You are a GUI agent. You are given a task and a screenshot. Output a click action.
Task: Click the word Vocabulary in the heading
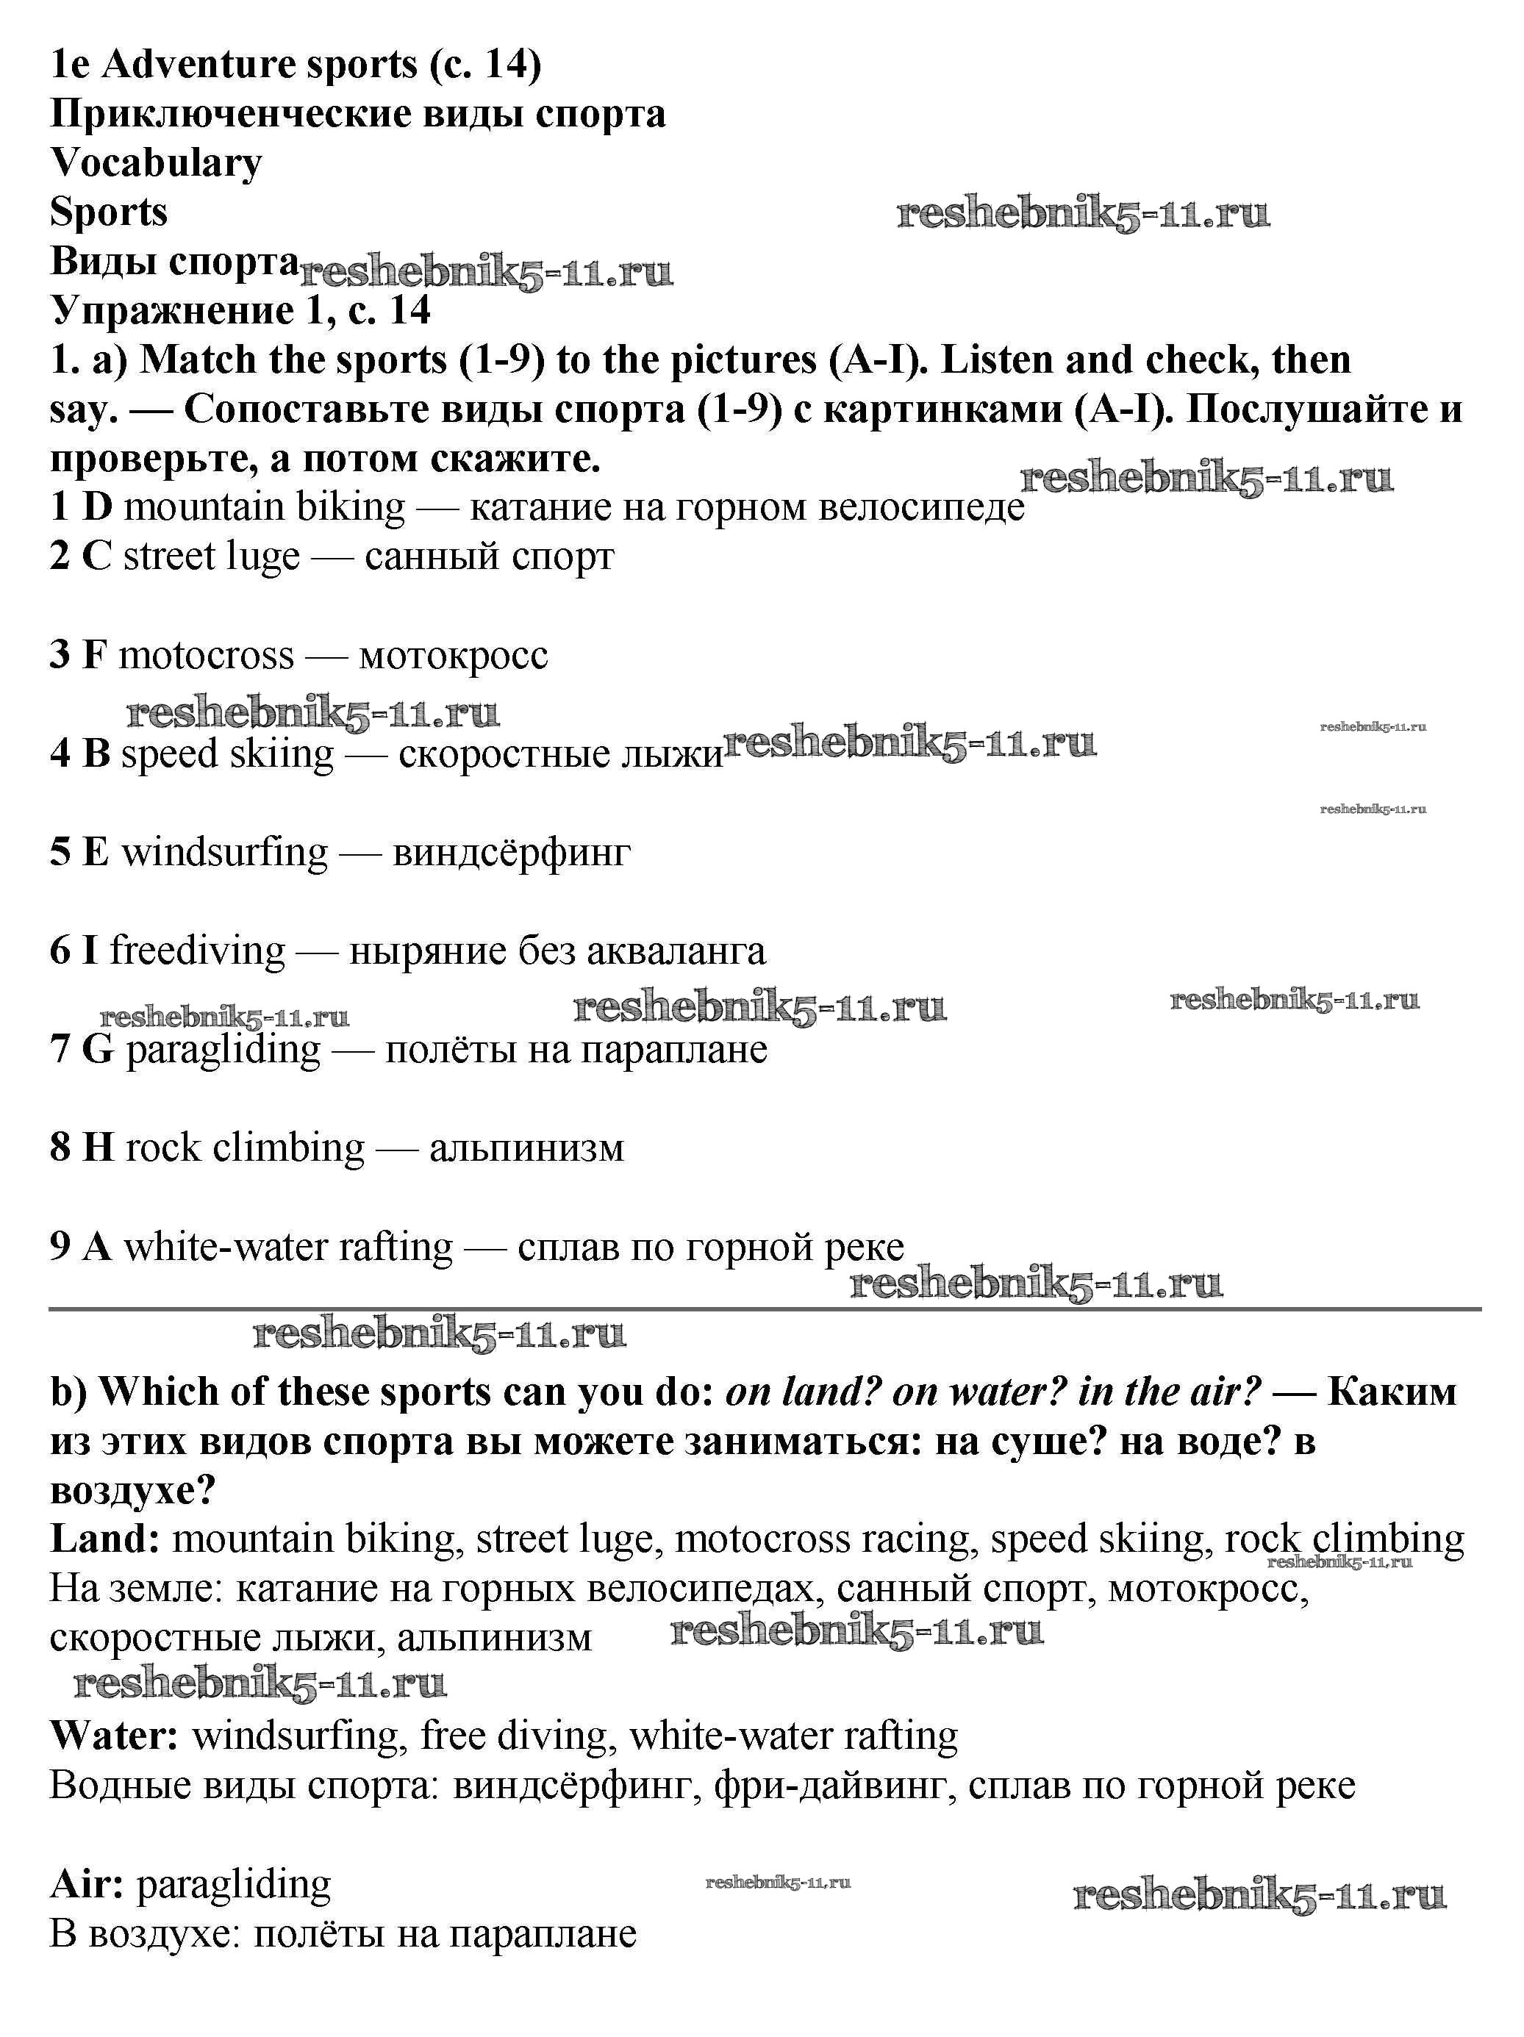pos(157,163)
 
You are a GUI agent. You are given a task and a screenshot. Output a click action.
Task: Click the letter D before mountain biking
pos(97,507)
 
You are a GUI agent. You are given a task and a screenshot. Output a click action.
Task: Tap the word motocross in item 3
pos(207,656)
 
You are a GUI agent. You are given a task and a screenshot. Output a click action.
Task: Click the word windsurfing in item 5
pos(225,852)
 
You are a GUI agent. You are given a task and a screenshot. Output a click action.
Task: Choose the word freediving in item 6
pos(197,951)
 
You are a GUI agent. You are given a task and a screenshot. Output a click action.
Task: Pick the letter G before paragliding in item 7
pos(98,1049)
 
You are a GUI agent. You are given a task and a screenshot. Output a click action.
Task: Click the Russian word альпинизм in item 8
pos(526,1148)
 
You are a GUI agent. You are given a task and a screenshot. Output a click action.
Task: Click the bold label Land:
pos(105,1539)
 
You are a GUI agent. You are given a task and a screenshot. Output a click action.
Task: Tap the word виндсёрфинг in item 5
pos(511,852)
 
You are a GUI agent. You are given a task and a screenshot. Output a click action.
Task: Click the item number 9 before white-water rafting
pos(60,1247)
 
